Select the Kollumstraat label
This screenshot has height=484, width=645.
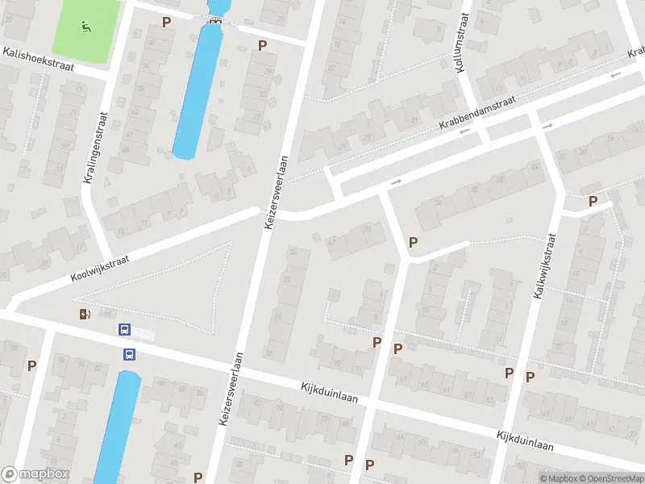coord(463,47)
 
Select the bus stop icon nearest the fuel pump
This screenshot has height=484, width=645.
coord(124,329)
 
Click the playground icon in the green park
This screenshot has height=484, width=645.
coord(85,24)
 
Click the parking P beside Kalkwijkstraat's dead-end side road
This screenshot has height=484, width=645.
coord(593,201)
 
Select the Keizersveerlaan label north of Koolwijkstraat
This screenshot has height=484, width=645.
coord(276,190)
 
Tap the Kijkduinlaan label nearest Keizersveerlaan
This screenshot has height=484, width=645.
coord(329,393)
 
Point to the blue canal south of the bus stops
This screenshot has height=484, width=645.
coord(119,428)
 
